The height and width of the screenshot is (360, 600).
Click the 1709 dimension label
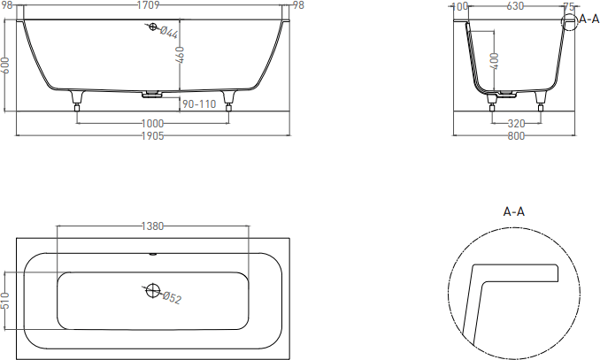coord(148,5)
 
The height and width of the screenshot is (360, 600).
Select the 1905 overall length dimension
coord(153,136)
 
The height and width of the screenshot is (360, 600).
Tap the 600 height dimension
coord(5,65)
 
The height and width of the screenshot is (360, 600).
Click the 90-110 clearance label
coord(199,104)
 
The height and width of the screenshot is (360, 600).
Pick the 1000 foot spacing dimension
coord(153,124)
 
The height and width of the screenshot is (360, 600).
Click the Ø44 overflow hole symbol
coord(153,27)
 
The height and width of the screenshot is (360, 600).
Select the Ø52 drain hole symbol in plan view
coord(153,290)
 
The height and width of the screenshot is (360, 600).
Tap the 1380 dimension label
coord(153,226)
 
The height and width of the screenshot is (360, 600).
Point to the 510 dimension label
coord(5,301)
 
